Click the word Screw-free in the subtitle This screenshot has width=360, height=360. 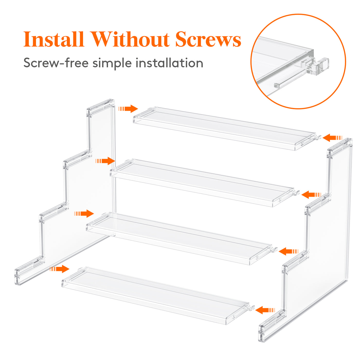click(x=56, y=63)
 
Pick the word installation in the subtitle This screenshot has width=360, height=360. click(x=169, y=63)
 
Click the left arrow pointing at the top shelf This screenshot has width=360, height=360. click(x=128, y=109)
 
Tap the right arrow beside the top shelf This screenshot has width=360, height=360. click(x=332, y=138)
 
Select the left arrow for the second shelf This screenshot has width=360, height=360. click(x=105, y=161)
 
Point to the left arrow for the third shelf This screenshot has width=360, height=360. click(x=84, y=213)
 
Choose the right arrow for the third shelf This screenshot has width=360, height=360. click(x=289, y=251)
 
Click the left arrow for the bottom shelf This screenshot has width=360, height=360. click(x=59, y=269)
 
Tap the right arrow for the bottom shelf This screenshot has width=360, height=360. click(x=265, y=310)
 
